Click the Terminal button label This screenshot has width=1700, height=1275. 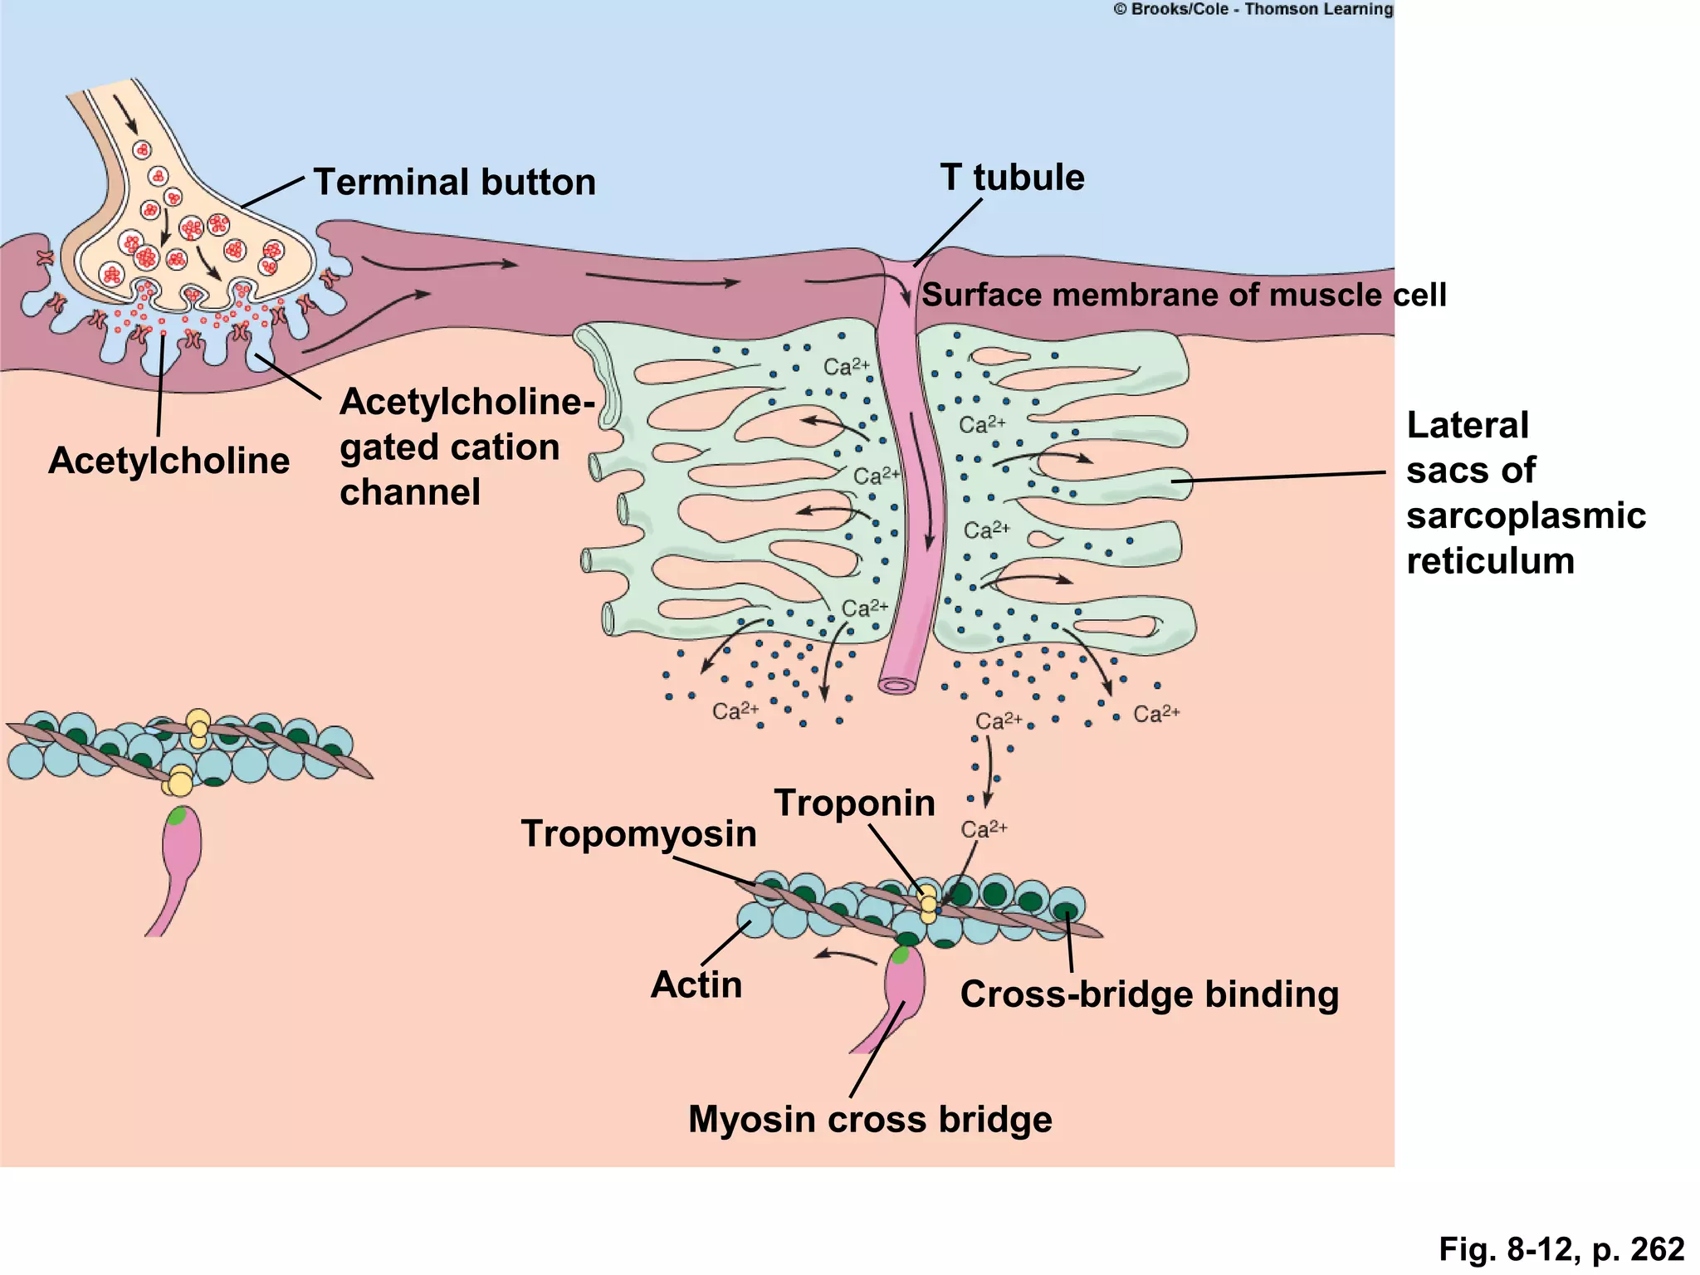click(454, 183)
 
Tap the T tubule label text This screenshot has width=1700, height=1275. click(1012, 178)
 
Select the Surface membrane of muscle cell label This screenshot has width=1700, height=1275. click(1184, 296)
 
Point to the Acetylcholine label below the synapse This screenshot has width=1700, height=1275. click(169, 461)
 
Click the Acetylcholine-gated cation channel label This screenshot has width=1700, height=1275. click(467, 447)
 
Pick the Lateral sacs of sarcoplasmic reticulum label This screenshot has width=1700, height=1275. click(1525, 493)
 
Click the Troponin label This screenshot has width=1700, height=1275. click(854, 803)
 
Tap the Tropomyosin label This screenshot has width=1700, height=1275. click(638, 833)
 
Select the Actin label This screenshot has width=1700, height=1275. click(696, 984)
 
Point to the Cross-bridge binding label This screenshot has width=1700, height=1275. click(1149, 994)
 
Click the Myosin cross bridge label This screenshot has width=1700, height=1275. click(870, 1119)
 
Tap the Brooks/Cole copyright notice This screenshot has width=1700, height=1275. click(1253, 10)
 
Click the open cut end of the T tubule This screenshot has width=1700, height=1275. click(897, 686)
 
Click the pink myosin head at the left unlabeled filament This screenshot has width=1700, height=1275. click(181, 843)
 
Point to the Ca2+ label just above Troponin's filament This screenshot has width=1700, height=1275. click(984, 829)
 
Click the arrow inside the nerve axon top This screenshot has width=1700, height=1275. click(126, 113)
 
